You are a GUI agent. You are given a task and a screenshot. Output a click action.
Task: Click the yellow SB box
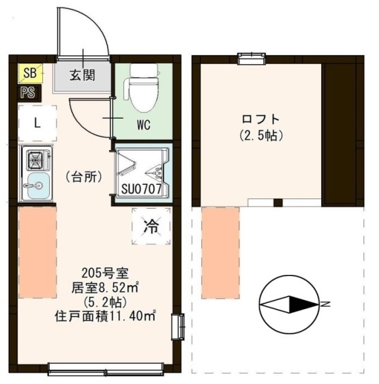point(31,72)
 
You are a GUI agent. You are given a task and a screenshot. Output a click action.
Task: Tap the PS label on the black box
point(28,93)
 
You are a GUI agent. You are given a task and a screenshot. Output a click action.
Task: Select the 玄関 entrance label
point(82,75)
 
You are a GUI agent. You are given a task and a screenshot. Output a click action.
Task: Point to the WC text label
point(143,125)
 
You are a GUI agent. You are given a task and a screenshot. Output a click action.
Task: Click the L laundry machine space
point(37,123)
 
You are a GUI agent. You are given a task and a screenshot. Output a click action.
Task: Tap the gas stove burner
point(35,160)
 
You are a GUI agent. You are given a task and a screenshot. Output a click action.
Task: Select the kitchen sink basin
point(38,186)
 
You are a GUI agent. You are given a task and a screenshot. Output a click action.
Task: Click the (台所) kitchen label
point(84,177)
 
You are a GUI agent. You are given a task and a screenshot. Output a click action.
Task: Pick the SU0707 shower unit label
point(141,189)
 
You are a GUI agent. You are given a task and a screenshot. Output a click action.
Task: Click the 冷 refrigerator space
point(151,226)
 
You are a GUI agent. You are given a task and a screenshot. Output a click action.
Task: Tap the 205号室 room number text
point(105,273)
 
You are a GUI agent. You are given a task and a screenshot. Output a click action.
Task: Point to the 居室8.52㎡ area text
point(105,288)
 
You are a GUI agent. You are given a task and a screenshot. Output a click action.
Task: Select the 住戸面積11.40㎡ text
point(105,316)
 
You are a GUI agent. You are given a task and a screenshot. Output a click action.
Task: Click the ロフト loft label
point(260,119)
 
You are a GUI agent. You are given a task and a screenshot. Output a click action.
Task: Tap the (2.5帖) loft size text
point(261,136)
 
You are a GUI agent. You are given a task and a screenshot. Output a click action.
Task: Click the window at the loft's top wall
point(252,59)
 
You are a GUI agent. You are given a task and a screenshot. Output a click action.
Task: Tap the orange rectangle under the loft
point(220,253)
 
